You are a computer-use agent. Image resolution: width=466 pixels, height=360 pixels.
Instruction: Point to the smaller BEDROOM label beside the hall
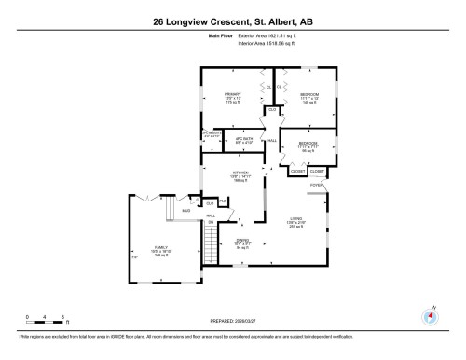pyautogui.click(x=309, y=146)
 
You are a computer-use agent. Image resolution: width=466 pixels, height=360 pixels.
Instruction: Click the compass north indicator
pyautogui.click(x=430, y=314)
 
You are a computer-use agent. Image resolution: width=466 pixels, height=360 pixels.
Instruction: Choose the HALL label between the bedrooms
pyautogui.click(x=272, y=141)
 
